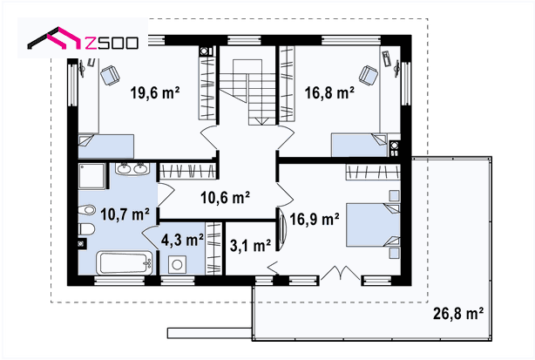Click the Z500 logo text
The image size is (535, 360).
click(112, 43)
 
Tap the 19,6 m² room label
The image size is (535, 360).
click(155, 92)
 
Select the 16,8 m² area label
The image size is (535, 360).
click(329, 92)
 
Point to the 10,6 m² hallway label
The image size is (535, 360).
click(225, 197)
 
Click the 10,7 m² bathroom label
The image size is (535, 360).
click(125, 214)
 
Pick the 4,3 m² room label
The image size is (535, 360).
click(182, 240)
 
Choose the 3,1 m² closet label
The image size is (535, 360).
click(250, 245)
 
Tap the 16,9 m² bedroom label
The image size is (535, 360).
click(315, 219)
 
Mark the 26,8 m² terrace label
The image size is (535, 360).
click(458, 313)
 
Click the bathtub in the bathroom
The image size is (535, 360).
click(125, 262)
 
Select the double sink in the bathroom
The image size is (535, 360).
click(132, 169)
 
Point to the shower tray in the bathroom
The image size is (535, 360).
click(92, 176)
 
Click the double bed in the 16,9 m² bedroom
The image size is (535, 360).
click(373, 225)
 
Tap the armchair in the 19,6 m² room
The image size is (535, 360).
click(110, 75)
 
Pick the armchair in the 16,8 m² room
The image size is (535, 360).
click(369, 75)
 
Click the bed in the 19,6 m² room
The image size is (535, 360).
click(106, 146)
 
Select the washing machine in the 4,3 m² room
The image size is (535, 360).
click(177, 264)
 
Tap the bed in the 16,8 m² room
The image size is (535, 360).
click(359, 145)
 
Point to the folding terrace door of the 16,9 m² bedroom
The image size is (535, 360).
click(340, 273)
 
